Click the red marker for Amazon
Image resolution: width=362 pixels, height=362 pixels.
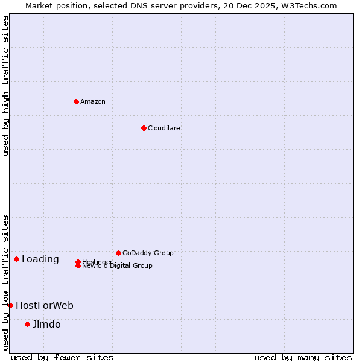click(x=76, y=101)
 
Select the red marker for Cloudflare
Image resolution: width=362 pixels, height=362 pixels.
click(x=144, y=128)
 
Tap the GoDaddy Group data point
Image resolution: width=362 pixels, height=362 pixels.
click(x=118, y=253)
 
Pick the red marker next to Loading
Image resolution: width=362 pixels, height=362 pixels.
click(x=16, y=259)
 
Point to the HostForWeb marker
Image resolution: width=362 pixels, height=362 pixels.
click(x=10, y=305)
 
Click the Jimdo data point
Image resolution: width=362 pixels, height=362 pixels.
click(x=27, y=324)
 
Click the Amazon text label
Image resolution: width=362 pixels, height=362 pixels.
click(x=93, y=101)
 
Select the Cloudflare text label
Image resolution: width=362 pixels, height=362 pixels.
click(x=164, y=128)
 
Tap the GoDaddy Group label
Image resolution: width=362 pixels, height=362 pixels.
click(x=148, y=253)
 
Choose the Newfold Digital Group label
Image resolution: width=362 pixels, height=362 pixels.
click(x=118, y=266)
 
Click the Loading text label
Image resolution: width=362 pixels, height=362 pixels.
click(x=40, y=259)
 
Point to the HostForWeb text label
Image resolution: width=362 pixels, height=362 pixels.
click(x=45, y=306)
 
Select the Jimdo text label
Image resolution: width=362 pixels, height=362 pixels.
click(x=46, y=325)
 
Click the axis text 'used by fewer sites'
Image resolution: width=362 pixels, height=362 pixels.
click(x=62, y=357)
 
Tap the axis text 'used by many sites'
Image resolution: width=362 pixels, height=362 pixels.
click(x=303, y=357)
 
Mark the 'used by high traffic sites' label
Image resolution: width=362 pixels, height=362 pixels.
click(x=6, y=86)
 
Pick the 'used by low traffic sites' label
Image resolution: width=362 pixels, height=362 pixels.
click(x=6, y=282)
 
